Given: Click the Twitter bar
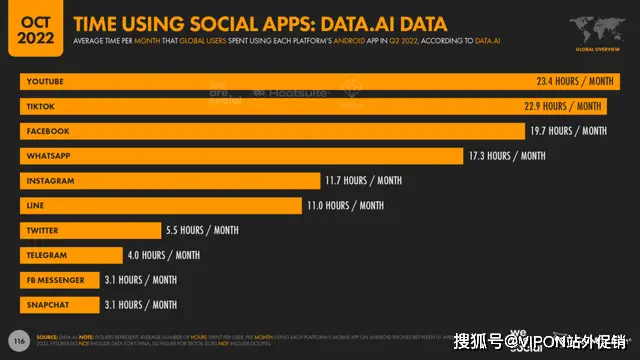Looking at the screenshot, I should click(x=90, y=230).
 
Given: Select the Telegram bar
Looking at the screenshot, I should click(x=71, y=255).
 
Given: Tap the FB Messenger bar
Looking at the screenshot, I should click(x=60, y=280).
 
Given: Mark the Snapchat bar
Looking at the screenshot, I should click(x=60, y=305).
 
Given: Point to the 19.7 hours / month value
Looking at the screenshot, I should click(x=567, y=131).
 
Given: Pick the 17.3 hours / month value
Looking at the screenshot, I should click(x=507, y=156).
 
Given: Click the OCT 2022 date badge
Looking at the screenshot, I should click(x=31, y=29).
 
